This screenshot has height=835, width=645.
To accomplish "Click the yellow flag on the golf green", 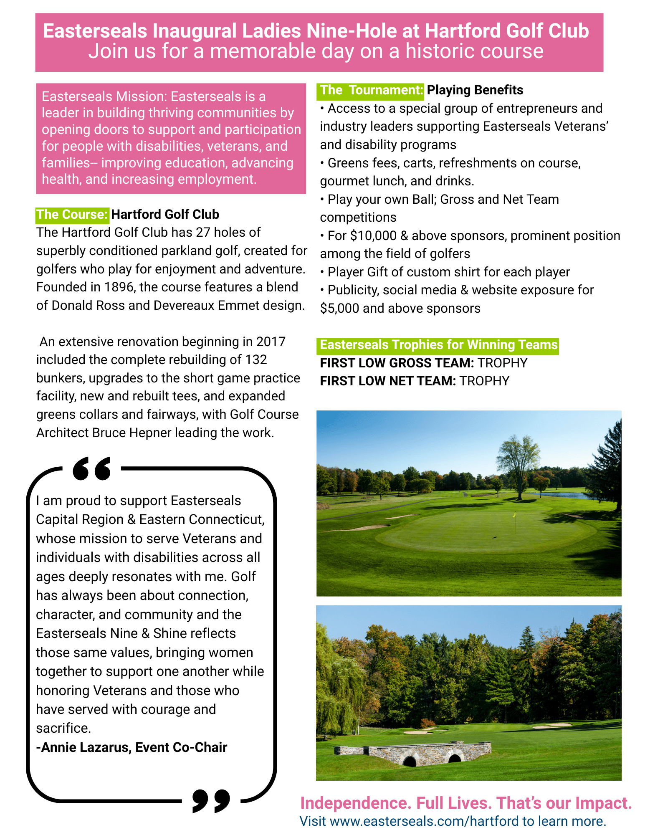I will (514, 515).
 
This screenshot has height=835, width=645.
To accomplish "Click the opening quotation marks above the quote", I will (92, 468).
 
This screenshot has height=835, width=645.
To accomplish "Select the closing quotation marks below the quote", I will (211, 800).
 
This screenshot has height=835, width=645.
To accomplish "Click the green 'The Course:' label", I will (73, 215).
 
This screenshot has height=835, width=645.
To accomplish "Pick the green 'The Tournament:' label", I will (372, 90).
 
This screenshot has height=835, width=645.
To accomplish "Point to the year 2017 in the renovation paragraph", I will (271, 342).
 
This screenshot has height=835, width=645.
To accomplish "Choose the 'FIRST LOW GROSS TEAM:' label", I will (397, 363).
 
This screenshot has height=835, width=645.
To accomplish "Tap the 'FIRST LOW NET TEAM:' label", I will (388, 381).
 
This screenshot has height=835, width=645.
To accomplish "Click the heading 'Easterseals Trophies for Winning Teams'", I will (438, 345).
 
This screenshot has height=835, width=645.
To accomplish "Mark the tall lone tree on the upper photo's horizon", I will (518, 463).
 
